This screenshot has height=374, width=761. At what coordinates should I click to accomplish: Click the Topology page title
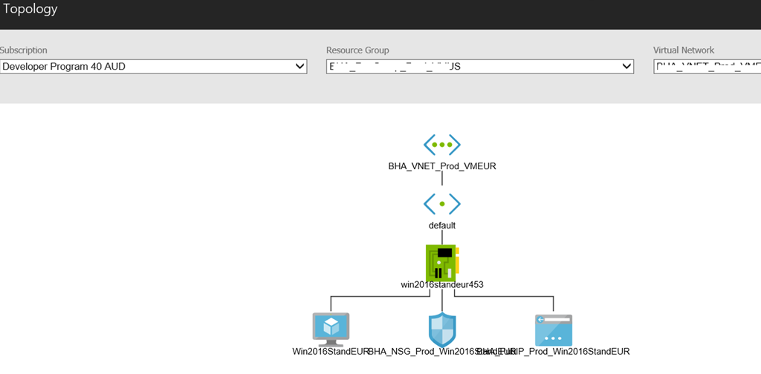click(30, 10)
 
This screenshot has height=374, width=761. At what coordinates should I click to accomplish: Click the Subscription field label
click(24, 50)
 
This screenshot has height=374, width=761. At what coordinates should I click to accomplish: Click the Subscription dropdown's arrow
click(300, 67)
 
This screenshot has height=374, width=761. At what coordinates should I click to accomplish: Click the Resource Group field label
click(357, 50)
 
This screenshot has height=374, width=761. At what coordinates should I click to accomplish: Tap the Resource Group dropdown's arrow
click(626, 67)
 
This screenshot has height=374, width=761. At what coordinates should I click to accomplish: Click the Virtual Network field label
click(684, 50)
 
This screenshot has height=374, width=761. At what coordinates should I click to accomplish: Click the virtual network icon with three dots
click(442, 144)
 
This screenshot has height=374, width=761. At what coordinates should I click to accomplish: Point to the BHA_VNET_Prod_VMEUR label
click(442, 166)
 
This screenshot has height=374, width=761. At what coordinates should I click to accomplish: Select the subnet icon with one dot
click(442, 203)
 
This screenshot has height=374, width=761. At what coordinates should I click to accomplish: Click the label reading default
click(442, 225)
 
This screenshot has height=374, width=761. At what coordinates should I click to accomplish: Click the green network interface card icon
click(442, 261)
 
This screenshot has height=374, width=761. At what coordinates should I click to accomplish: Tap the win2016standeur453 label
click(442, 284)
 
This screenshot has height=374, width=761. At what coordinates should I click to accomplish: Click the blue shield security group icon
click(442, 329)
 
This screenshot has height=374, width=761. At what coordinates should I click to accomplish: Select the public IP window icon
click(554, 329)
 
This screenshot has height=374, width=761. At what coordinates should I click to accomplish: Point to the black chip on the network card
click(445, 254)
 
